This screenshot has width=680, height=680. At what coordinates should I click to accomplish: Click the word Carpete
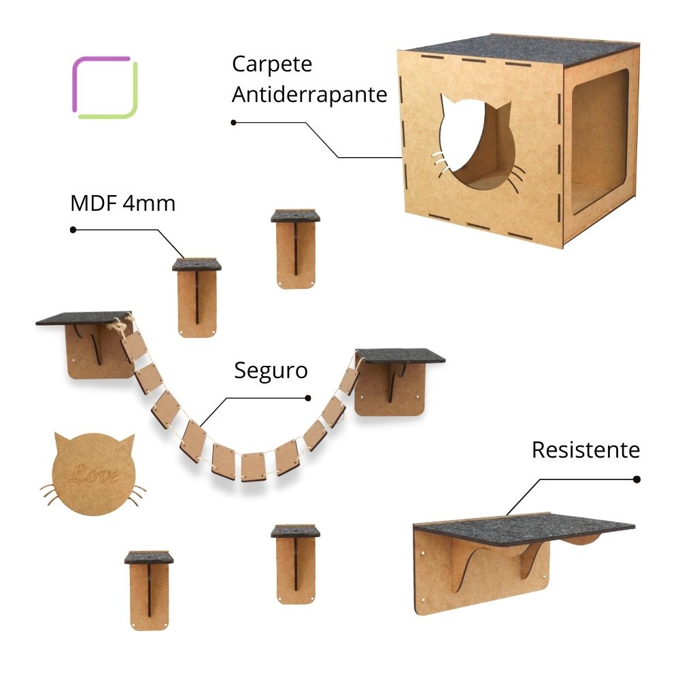272,65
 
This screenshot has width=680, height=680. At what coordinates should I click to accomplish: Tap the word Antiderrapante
309,95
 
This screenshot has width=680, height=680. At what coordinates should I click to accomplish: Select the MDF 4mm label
122,203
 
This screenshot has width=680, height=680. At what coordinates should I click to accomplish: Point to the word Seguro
271,371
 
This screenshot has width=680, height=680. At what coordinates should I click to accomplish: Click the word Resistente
586,449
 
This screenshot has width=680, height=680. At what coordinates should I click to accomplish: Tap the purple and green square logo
105,87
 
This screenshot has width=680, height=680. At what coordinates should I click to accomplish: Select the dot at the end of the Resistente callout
636,479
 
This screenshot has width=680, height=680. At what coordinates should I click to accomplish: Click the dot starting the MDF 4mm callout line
73,229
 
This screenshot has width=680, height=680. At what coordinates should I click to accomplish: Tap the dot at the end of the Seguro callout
308,398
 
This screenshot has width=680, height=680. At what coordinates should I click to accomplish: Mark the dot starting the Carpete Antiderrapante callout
233,122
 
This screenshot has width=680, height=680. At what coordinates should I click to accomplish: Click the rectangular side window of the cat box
600,142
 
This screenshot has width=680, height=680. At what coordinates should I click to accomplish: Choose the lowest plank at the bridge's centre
253,467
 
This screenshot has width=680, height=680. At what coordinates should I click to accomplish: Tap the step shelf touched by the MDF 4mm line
197,298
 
